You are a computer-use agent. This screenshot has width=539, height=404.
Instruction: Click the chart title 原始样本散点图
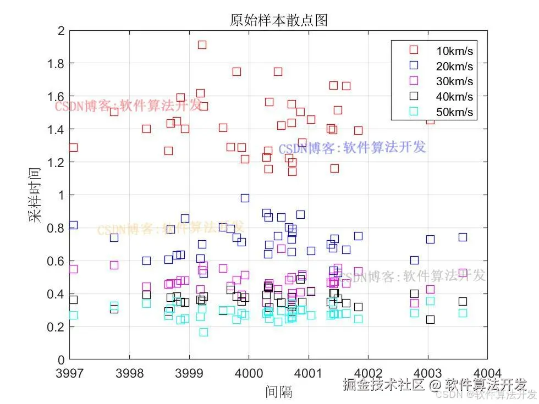coord(278,20)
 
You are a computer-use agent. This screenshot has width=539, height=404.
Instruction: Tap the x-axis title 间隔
coord(278,391)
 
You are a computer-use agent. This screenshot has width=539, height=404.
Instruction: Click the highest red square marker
coord(202,45)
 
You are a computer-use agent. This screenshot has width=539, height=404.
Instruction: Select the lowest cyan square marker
coord(204,332)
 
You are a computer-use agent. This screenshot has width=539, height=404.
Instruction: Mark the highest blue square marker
coord(245,198)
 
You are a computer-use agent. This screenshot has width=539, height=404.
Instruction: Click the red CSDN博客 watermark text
coord(128,106)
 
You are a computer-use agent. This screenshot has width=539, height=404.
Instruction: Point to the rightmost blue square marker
coord(463,237)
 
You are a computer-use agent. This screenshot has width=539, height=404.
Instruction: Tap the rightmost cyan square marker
coord(463,313)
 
